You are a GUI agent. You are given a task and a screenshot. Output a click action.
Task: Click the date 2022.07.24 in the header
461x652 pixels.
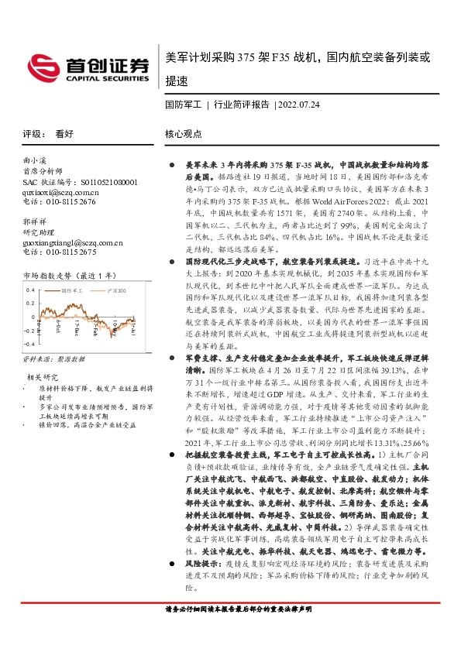pos(298,104)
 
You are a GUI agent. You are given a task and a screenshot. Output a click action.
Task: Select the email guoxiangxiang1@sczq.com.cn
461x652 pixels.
pos(74,242)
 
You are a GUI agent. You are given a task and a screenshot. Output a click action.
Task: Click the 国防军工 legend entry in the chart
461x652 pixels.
pos(73,290)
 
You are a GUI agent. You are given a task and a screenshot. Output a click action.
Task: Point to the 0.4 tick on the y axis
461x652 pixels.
pos(29,290)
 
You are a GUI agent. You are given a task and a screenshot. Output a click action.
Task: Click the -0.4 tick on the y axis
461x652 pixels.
pos(29,341)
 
